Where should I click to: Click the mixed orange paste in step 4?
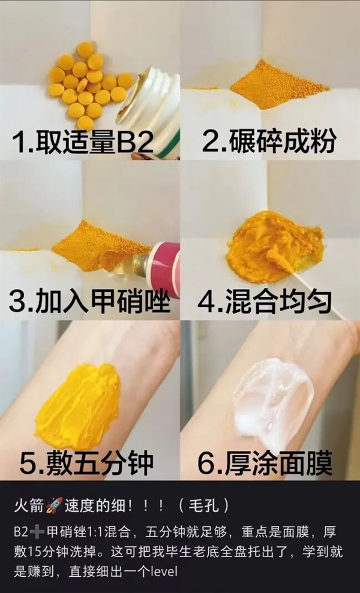(273, 246)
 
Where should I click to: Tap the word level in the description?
(164, 572)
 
